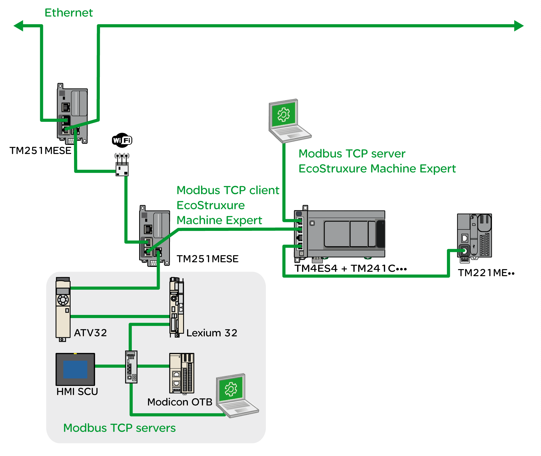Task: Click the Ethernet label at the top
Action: [69, 12]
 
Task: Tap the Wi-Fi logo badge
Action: [122, 140]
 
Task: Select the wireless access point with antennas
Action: [122, 167]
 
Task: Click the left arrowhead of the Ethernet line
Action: [19, 26]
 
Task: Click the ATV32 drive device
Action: [63, 309]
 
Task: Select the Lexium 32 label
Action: [212, 333]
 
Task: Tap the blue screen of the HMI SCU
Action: [75, 369]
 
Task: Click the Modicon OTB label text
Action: [180, 402]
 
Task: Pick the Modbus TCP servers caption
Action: [119, 428]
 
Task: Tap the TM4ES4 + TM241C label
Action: [350, 268]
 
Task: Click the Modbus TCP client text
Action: [228, 190]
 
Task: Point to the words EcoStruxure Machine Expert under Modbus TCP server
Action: [377, 169]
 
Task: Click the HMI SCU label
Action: [77, 392]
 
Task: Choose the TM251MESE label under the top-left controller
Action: [40, 151]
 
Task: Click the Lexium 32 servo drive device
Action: [177, 307]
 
